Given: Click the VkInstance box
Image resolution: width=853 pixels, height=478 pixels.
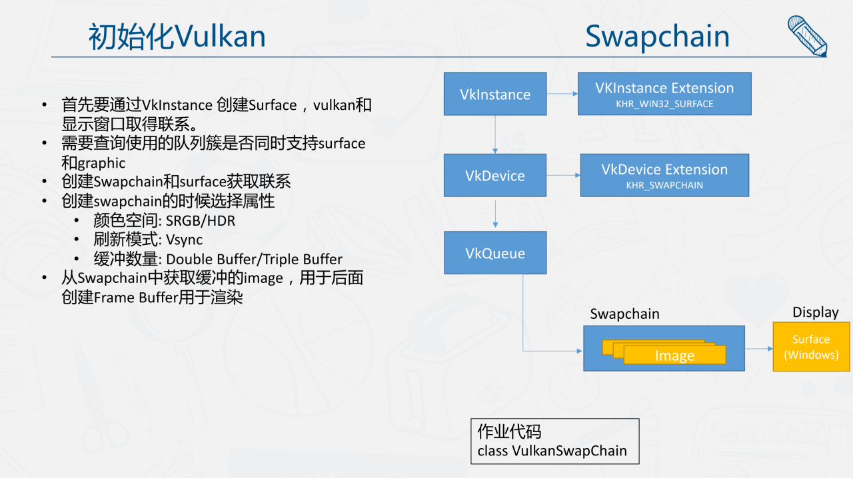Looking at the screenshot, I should [x=495, y=94].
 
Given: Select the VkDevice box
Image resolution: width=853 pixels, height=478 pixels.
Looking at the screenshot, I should [x=495, y=176].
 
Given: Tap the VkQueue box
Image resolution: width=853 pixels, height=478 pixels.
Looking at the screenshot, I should [x=495, y=253].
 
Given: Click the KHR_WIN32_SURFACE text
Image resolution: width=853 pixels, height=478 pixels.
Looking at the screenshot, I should [x=664, y=104].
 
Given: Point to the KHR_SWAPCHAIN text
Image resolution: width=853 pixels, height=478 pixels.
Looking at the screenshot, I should [x=664, y=185].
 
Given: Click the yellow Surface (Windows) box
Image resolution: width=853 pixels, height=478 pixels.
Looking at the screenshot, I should [x=811, y=347].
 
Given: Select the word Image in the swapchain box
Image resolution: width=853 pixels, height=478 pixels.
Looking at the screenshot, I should [x=674, y=356].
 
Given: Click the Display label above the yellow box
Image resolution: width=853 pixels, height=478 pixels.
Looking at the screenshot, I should [x=815, y=312].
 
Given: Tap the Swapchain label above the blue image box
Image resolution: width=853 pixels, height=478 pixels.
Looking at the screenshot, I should [x=624, y=314].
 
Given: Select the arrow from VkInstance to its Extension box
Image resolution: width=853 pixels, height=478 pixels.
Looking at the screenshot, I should [x=562, y=94].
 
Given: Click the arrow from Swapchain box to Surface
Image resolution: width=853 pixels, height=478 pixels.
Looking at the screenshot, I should [x=758, y=348].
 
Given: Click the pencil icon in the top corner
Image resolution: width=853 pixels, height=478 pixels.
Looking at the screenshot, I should [x=807, y=35].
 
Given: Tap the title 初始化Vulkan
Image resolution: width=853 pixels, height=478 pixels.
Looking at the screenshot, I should [x=177, y=37].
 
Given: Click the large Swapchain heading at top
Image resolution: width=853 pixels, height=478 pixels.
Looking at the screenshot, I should [x=657, y=37].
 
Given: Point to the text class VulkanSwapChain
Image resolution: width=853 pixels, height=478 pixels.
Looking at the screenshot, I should [x=552, y=451].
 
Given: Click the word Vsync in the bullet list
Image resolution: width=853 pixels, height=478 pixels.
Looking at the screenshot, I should [x=185, y=240].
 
